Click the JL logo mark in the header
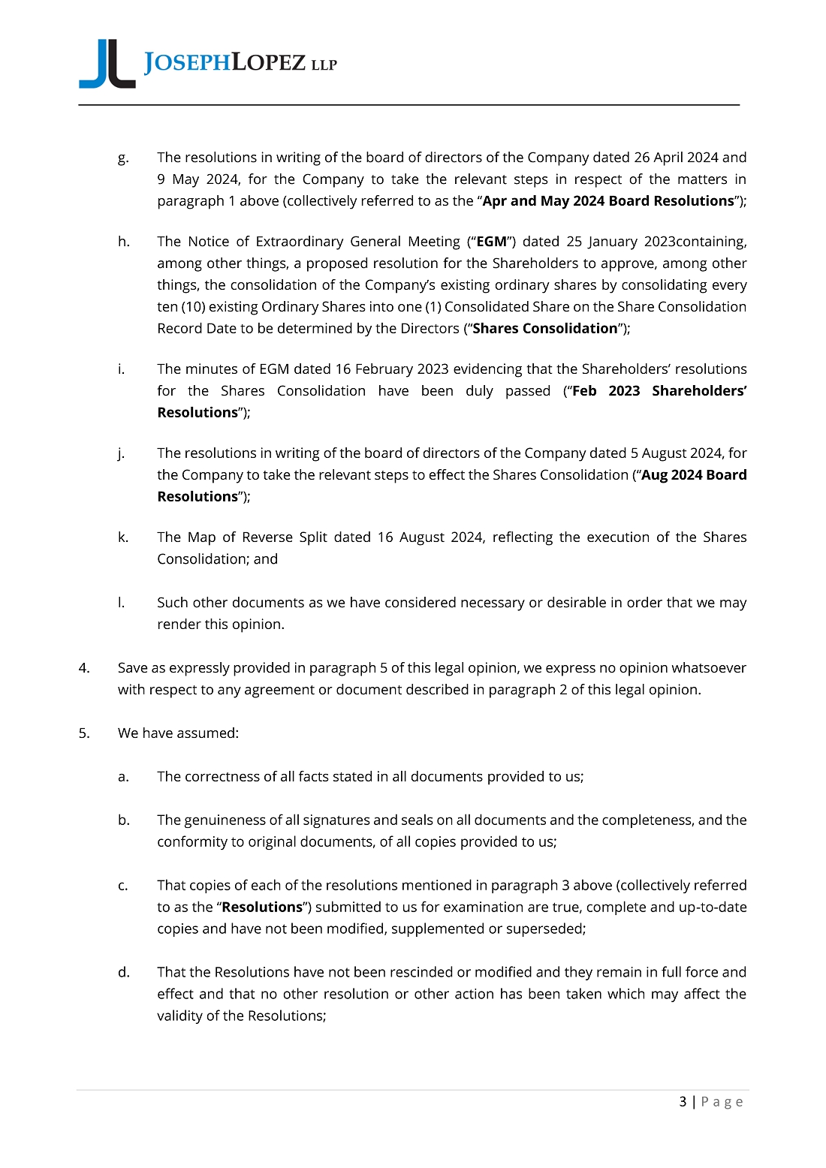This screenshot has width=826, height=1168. click(107, 65)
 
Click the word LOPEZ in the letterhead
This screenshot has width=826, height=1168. click(269, 63)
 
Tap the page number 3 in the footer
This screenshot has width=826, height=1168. click(683, 1101)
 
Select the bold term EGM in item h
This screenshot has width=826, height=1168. click(491, 242)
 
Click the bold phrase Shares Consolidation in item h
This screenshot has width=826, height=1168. click(544, 329)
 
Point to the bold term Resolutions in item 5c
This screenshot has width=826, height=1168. click(262, 907)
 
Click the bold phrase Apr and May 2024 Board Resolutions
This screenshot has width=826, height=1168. click(607, 201)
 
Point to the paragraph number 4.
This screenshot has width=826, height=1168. click(84, 668)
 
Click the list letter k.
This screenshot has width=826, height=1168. click(122, 537)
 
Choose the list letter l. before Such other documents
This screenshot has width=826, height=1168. click(121, 603)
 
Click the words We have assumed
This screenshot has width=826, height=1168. click(178, 733)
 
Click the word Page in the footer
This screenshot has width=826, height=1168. click(722, 1102)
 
